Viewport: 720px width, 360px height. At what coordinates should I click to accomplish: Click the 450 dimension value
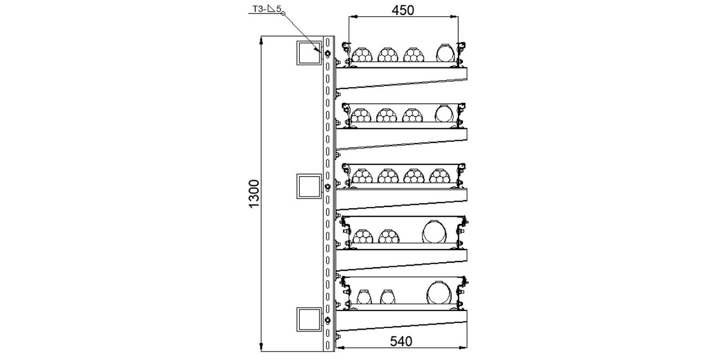click(402, 10)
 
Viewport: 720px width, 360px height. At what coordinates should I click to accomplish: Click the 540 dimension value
click(401, 341)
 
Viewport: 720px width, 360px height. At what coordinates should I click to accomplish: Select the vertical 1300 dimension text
click(254, 193)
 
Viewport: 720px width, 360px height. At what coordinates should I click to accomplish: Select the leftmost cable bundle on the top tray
click(362, 55)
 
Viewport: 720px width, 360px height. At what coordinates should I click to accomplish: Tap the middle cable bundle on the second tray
click(387, 116)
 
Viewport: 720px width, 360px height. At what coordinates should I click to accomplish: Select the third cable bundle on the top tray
click(413, 55)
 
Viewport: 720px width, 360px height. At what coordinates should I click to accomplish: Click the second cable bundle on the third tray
click(388, 177)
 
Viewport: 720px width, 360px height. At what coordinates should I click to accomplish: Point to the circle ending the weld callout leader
click(283, 13)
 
